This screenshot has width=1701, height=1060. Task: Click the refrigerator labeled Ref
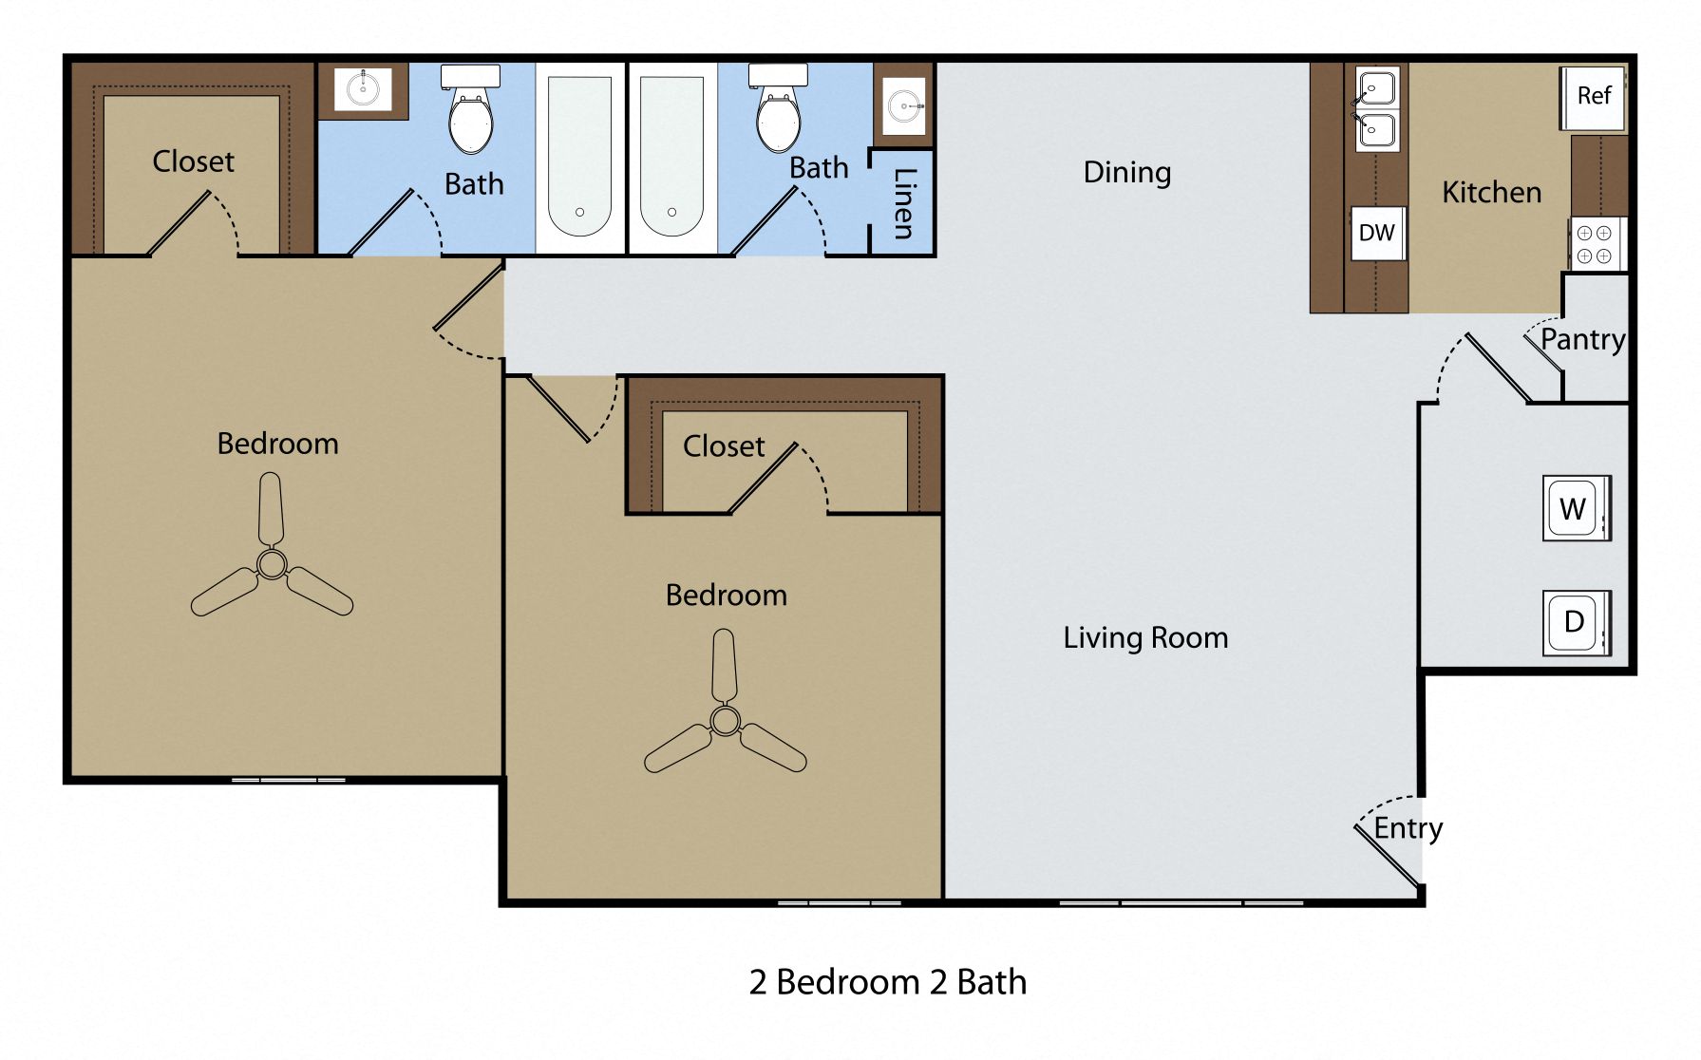[x=1593, y=96]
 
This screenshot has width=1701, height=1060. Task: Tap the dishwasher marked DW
[x=1376, y=233]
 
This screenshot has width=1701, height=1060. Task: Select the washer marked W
[x=1575, y=509]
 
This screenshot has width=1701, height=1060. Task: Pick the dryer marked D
[x=1575, y=623]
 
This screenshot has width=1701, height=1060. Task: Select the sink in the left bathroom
[x=363, y=89]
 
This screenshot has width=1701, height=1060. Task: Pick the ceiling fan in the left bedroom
[x=272, y=564]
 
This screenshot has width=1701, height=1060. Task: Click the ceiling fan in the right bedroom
[x=725, y=721]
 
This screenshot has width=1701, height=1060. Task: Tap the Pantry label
[x=1582, y=339]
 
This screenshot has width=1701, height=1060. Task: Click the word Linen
[x=904, y=203]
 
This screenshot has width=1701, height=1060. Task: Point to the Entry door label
[x=1408, y=828]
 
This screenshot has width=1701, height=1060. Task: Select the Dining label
[x=1126, y=173]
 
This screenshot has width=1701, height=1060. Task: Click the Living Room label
[x=1145, y=637]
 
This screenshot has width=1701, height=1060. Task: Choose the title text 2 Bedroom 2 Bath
[x=887, y=982]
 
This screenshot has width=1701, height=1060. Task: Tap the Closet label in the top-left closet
[x=193, y=161]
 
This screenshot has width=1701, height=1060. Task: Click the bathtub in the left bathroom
[x=579, y=157]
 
